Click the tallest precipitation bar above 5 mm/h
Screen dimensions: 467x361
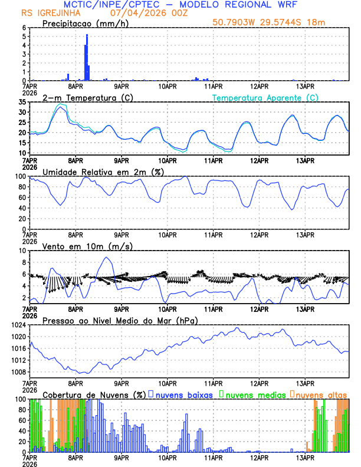pos(87,57)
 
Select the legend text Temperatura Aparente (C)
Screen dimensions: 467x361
pos(265,97)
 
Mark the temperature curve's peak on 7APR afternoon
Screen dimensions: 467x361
pos(60,107)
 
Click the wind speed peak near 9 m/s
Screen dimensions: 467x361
pos(106,257)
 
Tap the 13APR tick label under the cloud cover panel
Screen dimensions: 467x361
pos(304,457)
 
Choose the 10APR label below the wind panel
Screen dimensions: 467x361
pos(167,308)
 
